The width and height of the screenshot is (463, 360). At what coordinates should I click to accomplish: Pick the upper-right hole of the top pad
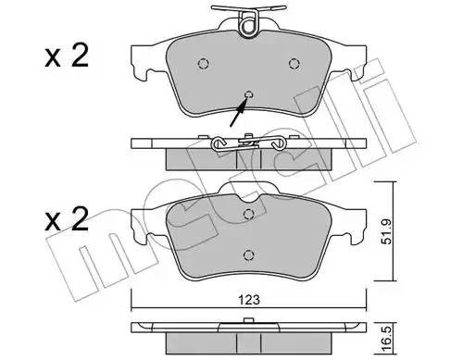coord(294,64)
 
